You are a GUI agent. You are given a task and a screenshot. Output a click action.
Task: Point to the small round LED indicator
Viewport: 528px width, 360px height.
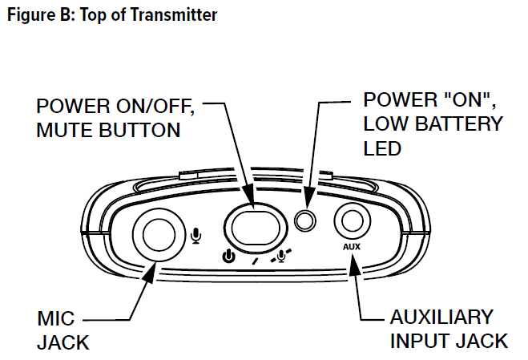(x=304, y=220)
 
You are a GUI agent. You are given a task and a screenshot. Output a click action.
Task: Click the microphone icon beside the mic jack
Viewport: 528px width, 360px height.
(x=197, y=236)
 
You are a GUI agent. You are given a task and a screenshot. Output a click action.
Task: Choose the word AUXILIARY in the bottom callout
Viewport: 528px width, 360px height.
(x=442, y=316)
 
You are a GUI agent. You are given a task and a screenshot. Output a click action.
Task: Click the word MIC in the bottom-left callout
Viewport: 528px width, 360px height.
(x=55, y=318)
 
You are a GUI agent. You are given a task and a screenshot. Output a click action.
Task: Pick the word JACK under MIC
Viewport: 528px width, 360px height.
(x=62, y=342)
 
